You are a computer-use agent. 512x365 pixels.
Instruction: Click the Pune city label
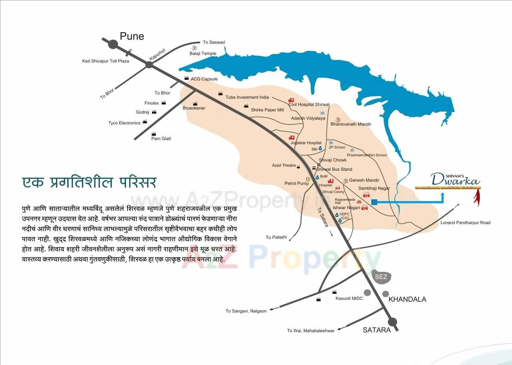pos(132,36)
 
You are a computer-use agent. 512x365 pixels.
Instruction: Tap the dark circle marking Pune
pos(113,44)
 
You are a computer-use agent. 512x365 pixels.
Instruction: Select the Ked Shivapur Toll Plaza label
pos(106,61)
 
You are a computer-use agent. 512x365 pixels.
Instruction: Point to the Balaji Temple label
pos(203,54)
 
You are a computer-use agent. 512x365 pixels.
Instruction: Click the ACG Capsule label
pos(204,79)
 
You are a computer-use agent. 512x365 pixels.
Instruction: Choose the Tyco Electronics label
pos(124,123)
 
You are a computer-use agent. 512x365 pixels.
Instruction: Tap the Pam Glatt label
pos(161,139)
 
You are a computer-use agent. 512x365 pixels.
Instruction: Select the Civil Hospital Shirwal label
pos(309,105)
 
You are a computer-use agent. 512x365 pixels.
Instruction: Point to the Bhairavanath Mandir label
pos(351,124)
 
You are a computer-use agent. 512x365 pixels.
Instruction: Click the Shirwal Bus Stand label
pos(334,170)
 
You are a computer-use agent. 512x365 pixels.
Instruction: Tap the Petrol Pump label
pos(296,183)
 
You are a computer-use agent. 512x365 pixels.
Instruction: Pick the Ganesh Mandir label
pos(364,180)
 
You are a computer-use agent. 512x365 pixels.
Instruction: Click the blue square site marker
pos(374,202)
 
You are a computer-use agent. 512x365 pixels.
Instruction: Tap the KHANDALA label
pos(407,299)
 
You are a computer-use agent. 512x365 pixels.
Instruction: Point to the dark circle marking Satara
pos(392,322)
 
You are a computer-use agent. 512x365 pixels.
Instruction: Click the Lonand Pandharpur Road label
pos(465,223)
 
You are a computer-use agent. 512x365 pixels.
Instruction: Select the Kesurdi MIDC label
pos(349,298)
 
